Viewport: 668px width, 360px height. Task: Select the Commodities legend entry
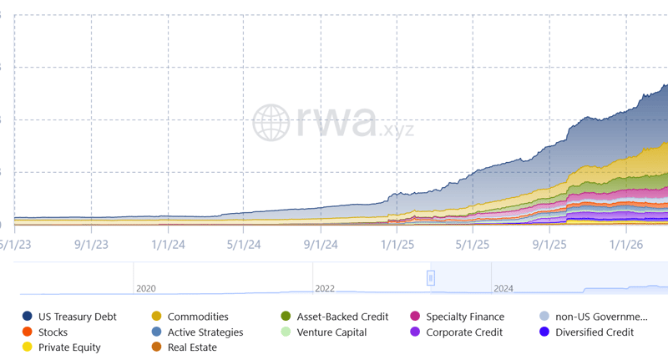[197, 317]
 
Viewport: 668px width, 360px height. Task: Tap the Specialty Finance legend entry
[464, 317]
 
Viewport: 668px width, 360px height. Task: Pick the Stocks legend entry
[53, 332]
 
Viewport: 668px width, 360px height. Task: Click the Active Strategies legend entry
[205, 332]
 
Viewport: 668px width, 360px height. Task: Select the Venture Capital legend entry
[331, 332]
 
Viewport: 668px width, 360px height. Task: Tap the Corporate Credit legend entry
[463, 332]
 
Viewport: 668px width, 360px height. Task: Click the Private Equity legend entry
[68, 347]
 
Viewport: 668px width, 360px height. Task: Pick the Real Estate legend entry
[191, 347]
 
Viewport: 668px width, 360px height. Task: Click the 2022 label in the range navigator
[324, 288]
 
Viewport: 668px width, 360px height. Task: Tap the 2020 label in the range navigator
[145, 288]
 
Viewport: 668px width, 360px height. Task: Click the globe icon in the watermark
[271, 123]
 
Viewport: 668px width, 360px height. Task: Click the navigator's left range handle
[431, 277]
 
